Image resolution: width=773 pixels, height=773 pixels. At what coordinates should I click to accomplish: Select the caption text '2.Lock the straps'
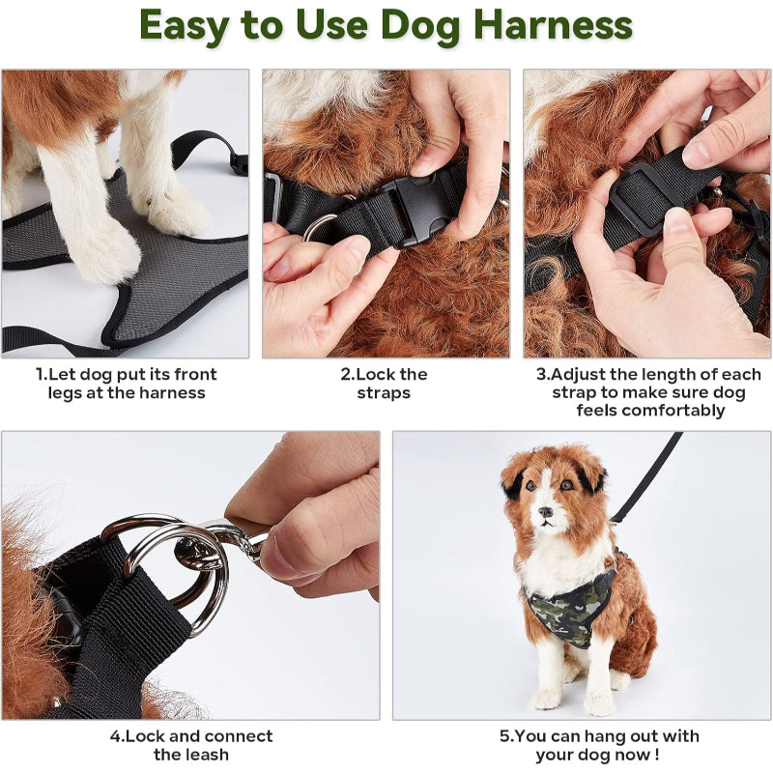(x=384, y=384)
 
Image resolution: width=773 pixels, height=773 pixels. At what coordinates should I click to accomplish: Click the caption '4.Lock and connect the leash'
(x=191, y=745)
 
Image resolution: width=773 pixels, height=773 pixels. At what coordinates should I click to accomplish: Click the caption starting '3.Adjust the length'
(x=649, y=392)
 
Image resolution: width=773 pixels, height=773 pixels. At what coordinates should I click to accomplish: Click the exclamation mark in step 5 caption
(x=656, y=755)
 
